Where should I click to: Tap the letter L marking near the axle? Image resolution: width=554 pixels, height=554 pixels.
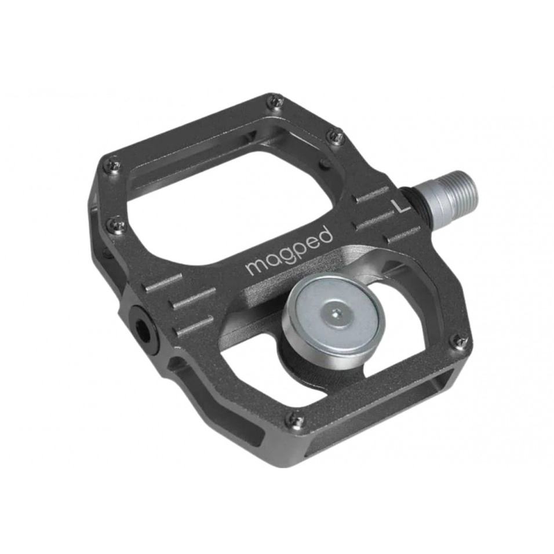399,205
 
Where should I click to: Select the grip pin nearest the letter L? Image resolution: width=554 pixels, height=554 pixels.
336,137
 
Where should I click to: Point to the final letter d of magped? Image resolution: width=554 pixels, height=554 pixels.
326,234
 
